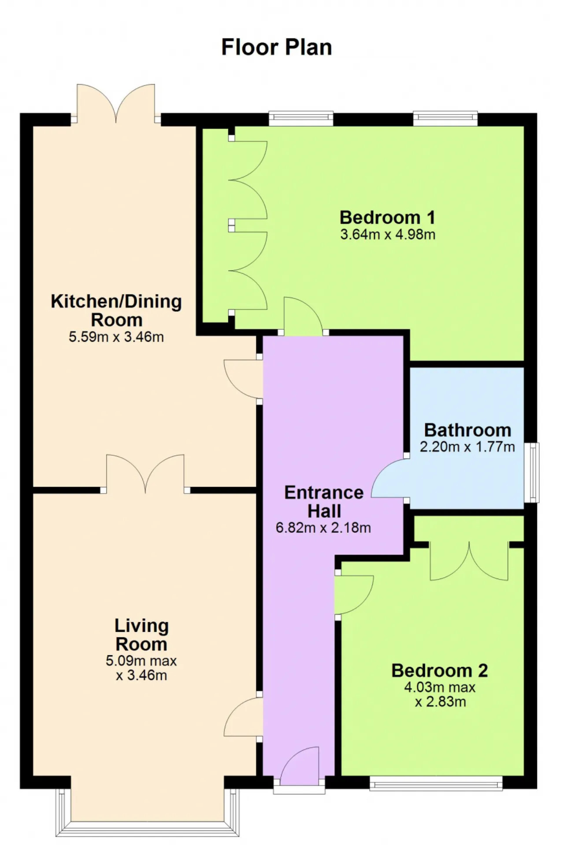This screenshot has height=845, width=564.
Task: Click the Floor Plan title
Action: coord(276,47)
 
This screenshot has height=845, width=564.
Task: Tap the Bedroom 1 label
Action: coord(387,217)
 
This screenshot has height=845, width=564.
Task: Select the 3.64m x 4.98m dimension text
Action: coord(387,234)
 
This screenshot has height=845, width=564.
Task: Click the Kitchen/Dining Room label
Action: coord(116,310)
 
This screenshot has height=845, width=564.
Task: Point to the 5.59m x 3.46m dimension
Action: coord(116,337)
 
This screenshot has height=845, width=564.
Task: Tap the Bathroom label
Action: coord(468,430)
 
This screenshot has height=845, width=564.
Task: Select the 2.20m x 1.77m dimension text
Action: coord(468,447)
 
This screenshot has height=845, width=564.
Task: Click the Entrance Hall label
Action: coord(324,502)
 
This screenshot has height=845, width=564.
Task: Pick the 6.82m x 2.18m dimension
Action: coord(323,528)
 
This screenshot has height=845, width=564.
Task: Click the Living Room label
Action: coord(141,635)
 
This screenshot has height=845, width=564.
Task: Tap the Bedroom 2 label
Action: coord(440,670)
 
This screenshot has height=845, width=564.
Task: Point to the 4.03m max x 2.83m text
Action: coord(440,694)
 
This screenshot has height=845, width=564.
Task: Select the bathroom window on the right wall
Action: coord(534,472)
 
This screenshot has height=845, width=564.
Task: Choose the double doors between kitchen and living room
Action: coord(145,473)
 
